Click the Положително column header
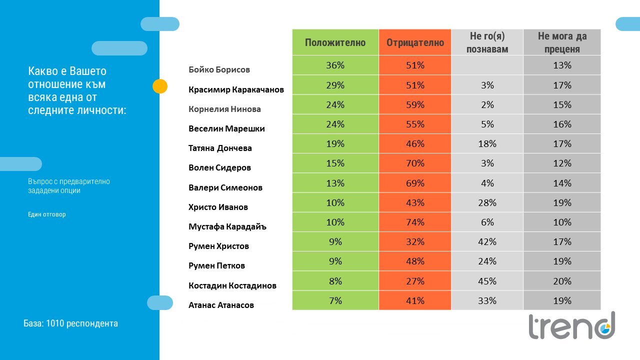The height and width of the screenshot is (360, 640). point(335,42)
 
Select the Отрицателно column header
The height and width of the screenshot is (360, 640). point(415,42)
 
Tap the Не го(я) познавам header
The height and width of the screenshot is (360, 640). point(487,42)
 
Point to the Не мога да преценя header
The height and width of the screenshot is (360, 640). point(562,42)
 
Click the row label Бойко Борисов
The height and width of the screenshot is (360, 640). point(219,69)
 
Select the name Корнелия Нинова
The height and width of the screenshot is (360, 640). point(224,109)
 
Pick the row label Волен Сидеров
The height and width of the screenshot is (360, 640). point(219,167)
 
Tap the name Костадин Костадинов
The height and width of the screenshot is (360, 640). point(232,285)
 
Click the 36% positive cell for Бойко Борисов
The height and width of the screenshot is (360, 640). point(335,65)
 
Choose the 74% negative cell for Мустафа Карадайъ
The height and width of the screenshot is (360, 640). point(415,222)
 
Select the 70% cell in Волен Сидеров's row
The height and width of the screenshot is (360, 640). point(415,163)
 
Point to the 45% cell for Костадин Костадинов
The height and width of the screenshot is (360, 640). point(487,281)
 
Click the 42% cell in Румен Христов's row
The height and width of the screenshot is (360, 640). point(487,242)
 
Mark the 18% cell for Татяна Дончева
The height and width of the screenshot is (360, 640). point(487,143)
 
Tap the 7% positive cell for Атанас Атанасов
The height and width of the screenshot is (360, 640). point(335,300)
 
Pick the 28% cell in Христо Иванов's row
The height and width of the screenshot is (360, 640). point(487,203)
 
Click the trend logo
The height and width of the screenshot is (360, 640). point(571,325)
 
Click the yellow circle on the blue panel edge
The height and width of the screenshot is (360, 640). point(160,86)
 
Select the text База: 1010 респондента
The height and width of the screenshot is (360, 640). point(70,323)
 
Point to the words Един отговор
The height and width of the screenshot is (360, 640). point(47,214)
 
